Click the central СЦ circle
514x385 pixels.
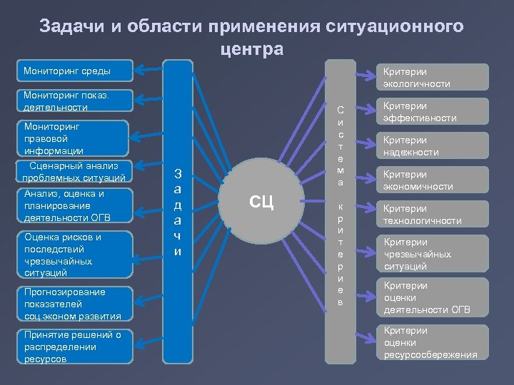(261, 201)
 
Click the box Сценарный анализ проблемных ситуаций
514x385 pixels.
(75, 172)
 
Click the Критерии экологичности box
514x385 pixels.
(433, 78)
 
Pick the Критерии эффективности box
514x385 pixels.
(433, 112)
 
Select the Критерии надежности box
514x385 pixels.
(433, 146)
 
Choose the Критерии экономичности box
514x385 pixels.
(433, 180)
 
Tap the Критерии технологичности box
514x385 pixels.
(433, 215)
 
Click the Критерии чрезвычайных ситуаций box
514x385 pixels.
(433, 255)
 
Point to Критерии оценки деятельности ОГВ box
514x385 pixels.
(433, 297)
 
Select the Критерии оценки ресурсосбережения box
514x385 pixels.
(433, 342)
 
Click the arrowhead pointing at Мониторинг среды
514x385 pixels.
(138, 70)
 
